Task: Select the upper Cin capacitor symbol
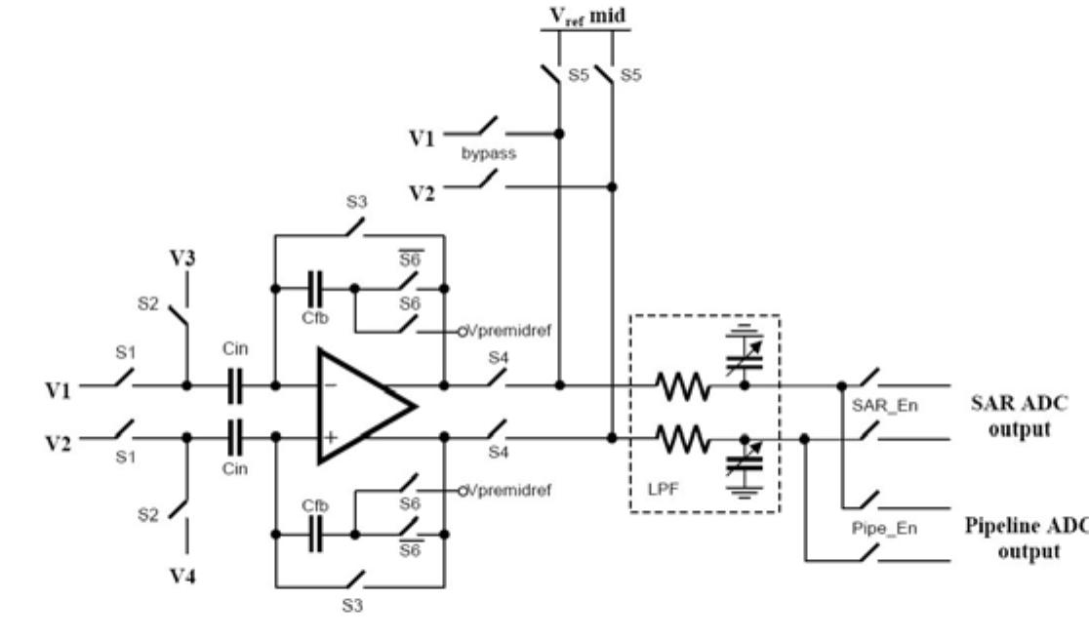234,386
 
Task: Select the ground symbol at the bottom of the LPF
745,496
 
